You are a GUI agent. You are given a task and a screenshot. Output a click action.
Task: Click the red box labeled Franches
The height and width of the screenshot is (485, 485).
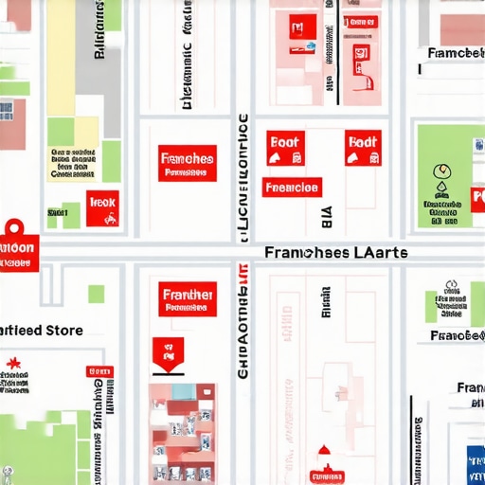[187, 163]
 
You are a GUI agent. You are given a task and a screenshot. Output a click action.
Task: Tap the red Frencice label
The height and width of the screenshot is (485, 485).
[292, 187]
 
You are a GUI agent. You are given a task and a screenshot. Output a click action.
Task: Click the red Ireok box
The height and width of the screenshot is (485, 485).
[102, 207]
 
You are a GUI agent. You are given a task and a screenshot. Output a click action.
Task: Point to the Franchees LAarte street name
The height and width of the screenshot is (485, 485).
[336, 253]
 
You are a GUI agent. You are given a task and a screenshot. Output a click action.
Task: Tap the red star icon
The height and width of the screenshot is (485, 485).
[13, 363]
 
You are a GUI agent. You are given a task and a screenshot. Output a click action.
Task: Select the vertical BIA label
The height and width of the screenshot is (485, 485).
[328, 219]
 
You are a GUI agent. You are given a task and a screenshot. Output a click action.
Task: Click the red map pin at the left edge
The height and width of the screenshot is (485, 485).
[15, 230]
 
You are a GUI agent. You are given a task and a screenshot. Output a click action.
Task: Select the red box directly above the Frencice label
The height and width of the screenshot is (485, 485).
[284, 145]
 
